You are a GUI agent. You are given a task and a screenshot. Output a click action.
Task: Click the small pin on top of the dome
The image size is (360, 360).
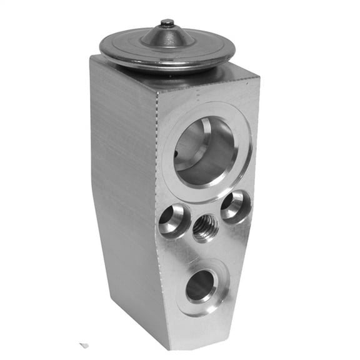point(167,23)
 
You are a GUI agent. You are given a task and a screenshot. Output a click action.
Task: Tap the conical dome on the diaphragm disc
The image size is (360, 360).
point(167,36)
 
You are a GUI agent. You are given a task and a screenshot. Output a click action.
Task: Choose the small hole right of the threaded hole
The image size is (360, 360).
point(235,206)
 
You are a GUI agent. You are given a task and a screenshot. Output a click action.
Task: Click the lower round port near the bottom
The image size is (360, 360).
point(200,286)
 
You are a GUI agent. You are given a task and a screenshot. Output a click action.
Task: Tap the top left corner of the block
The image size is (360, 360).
point(92,58)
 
